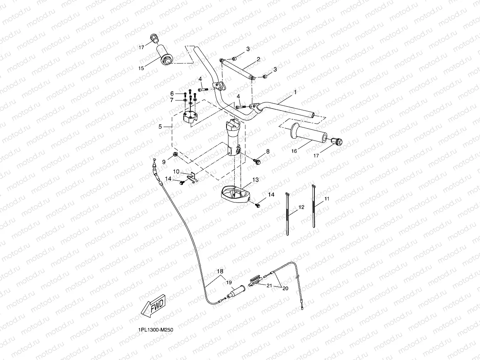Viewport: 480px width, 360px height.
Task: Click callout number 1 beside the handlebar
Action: (295, 92)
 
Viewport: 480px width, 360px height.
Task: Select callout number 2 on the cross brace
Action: (258, 59)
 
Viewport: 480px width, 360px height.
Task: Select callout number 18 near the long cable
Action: (220, 272)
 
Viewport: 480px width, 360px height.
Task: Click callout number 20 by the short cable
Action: (285, 288)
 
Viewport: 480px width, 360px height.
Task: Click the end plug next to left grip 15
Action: (154, 38)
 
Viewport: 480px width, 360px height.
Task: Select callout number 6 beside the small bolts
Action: (172, 94)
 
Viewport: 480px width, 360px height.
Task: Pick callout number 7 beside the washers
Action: (172, 100)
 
